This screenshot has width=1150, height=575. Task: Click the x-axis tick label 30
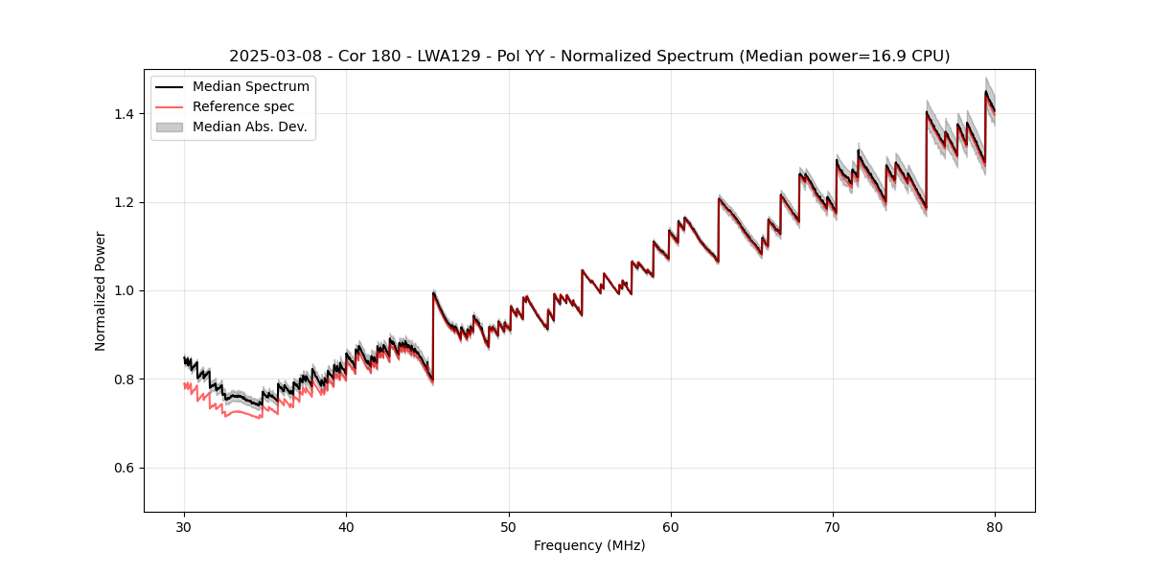click(184, 527)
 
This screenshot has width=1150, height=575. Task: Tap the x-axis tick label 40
click(346, 527)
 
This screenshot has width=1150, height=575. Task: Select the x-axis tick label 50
click(509, 527)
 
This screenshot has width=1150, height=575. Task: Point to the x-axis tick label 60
click(671, 527)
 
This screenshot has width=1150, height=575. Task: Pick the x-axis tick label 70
click(833, 527)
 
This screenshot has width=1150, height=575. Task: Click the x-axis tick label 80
click(995, 527)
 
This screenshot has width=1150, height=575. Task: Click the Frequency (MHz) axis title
click(589, 545)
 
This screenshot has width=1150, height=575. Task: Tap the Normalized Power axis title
click(101, 290)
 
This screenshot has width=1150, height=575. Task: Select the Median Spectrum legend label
click(251, 87)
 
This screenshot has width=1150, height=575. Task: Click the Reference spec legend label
click(243, 107)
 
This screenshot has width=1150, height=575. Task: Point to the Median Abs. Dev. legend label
click(250, 127)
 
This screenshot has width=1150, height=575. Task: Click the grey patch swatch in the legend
click(169, 127)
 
